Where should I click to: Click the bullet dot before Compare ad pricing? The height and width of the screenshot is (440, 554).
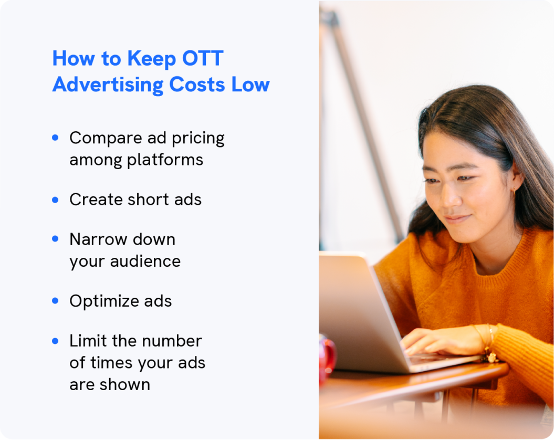point(56,138)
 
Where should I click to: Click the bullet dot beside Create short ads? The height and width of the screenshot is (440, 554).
point(56,200)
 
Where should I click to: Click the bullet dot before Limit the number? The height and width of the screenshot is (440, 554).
point(56,341)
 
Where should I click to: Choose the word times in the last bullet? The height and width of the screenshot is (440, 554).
point(117,363)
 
